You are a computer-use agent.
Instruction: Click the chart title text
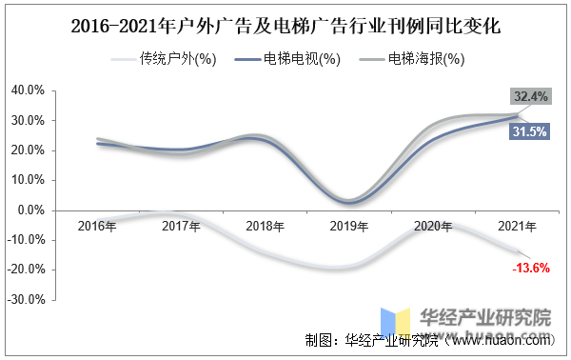click(x=285, y=27)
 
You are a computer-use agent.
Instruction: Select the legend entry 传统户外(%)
click(x=164, y=59)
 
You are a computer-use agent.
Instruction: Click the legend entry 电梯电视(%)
click(x=287, y=59)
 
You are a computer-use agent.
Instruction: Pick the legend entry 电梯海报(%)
click(x=412, y=59)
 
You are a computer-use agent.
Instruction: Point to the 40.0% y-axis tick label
click(x=28, y=90)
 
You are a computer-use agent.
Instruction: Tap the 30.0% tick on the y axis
click(x=28, y=120)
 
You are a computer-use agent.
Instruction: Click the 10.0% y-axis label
click(x=28, y=180)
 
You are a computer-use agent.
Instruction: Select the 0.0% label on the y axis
click(x=31, y=210)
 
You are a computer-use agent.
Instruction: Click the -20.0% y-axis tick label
click(x=27, y=270)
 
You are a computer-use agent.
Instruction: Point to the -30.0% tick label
click(x=27, y=299)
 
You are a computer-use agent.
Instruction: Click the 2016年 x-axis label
click(x=97, y=227)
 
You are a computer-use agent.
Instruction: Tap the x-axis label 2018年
click(x=266, y=227)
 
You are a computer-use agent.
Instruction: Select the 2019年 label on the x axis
click(x=349, y=227)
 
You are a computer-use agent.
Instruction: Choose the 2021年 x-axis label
click(x=517, y=227)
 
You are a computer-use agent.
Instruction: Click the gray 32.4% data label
click(x=531, y=96)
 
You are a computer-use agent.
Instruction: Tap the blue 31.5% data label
click(x=529, y=131)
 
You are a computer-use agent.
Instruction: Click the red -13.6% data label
click(x=531, y=269)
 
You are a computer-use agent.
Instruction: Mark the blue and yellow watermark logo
click(x=396, y=323)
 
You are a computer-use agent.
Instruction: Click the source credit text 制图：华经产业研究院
click(x=371, y=340)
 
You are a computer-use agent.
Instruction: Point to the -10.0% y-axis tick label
click(x=27, y=240)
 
